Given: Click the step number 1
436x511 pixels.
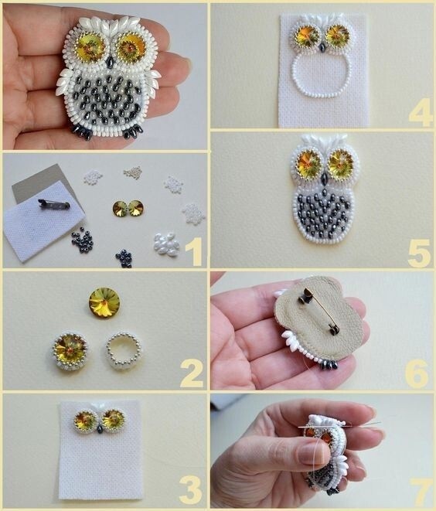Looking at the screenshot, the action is (194, 251).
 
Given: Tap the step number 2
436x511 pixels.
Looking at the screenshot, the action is (192, 373).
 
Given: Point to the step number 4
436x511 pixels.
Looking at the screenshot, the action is (421, 112).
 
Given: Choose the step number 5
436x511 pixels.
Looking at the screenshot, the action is (420, 254).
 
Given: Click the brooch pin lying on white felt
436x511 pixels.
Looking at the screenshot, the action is (54, 204).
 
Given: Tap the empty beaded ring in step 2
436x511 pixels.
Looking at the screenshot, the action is (124, 350).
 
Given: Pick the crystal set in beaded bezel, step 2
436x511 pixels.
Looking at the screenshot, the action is (70, 349).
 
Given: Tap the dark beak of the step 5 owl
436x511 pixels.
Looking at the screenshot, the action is (325, 179).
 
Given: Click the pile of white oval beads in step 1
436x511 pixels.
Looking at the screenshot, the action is (166, 244).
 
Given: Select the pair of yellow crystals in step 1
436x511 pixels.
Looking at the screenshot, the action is (128, 208).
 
